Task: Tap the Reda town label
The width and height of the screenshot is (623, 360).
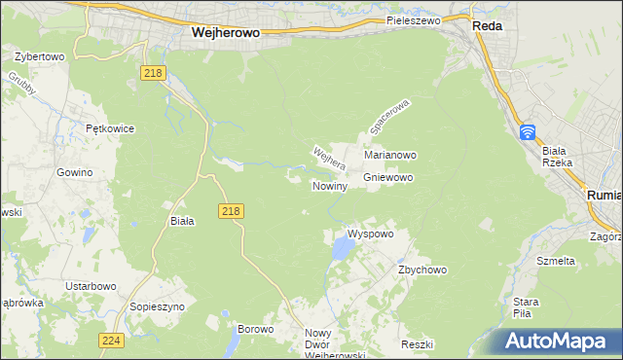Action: (x=487, y=26)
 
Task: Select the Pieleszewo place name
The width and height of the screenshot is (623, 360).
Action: (x=414, y=19)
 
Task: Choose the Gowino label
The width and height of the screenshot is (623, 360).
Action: (x=74, y=172)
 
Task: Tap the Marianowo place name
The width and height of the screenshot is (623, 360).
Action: (x=390, y=155)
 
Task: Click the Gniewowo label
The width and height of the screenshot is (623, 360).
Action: (x=388, y=177)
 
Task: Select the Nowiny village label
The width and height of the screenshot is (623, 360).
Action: (x=329, y=185)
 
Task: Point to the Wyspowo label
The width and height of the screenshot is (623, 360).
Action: (x=370, y=234)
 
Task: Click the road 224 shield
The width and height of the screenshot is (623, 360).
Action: (x=111, y=340)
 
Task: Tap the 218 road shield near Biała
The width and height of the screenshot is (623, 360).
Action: (x=231, y=210)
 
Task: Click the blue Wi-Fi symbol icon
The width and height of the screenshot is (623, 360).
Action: (x=527, y=131)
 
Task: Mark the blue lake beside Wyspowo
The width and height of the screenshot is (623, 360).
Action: (x=342, y=250)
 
